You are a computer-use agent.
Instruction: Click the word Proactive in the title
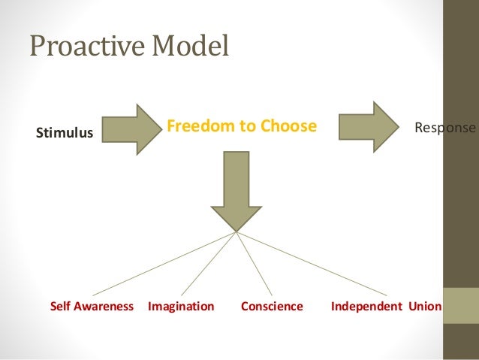87,47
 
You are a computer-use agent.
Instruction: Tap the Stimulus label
65,134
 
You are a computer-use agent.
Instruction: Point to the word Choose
289,126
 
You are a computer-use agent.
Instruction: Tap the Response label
445,128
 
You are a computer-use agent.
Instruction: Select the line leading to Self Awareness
165,262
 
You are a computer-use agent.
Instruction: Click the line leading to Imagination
209,262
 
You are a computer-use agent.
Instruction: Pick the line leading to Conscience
254,262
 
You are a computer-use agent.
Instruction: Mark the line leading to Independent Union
312,262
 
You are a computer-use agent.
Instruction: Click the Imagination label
181,307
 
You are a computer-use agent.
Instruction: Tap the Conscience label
272,307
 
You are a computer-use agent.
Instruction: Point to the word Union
425,307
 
